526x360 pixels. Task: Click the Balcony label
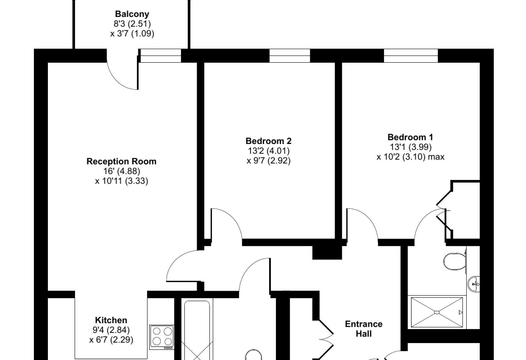(x=132, y=14)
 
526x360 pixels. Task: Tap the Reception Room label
(x=121, y=162)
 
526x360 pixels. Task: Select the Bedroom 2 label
(x=268, y=141)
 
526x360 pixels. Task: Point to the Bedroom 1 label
(x=410, y=137)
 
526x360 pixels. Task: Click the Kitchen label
(x=111, y=320)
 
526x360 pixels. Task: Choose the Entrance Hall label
(x=364, y=329)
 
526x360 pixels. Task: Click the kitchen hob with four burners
(x=162, y=337)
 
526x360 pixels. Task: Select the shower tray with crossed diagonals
(x=437, y=312)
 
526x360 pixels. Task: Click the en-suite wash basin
(x=474, y=284)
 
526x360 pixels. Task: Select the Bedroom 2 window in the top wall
(x=290, y=55)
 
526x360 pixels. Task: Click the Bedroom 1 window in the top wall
(x=411, y=55)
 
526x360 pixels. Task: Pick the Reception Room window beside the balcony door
(x=161, y=55)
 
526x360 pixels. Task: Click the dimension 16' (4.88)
(x=122, y=171)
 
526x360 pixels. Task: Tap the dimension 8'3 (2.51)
(x=132, y=24)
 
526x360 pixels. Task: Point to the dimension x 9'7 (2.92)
(x=268, y=161)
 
